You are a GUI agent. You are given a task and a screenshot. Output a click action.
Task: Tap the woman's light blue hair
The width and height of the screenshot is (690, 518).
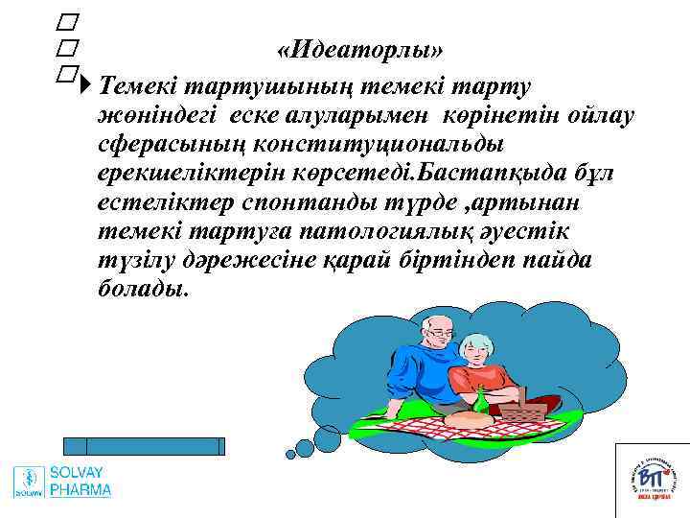[x=476, y=343]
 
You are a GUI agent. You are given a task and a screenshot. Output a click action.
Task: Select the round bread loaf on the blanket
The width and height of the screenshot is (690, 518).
[x=470, y=416]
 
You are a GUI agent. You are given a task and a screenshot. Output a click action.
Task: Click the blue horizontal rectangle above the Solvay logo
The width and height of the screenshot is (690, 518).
[x=144, y=445]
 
